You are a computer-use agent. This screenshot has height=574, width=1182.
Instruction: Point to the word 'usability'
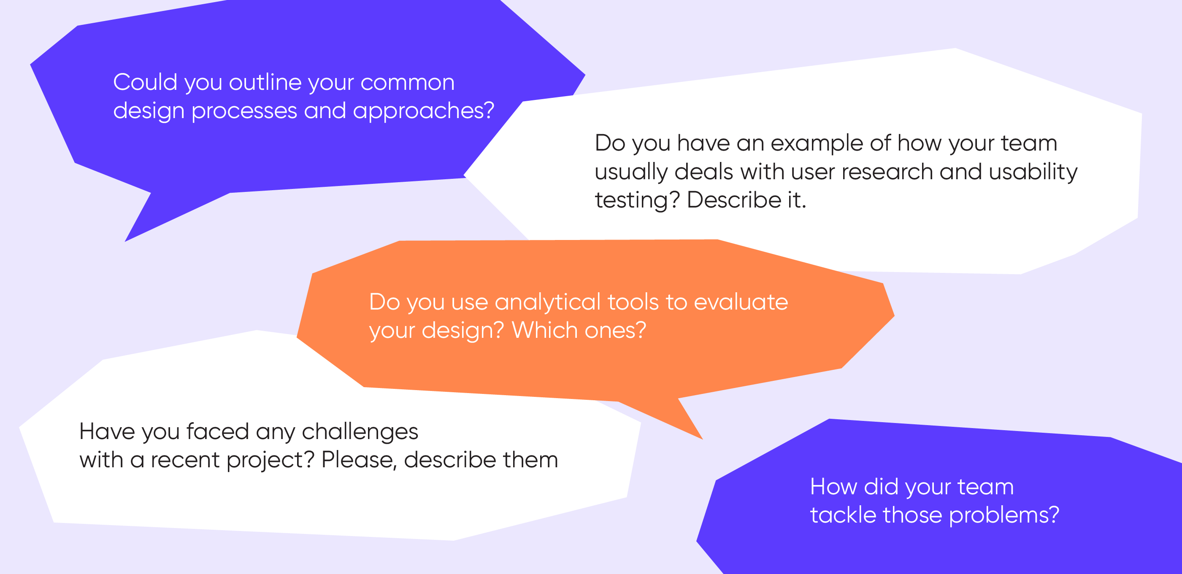[1033, 172]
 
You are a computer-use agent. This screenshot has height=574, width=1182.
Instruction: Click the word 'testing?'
[637, 201]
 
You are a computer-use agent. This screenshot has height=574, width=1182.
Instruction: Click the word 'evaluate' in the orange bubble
[741, 302]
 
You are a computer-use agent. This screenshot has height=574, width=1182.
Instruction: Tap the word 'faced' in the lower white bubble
[217, 432]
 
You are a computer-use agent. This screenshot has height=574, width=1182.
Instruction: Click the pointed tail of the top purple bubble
[126, 241]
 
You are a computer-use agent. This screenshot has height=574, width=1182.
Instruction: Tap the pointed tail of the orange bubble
[702, 439]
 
